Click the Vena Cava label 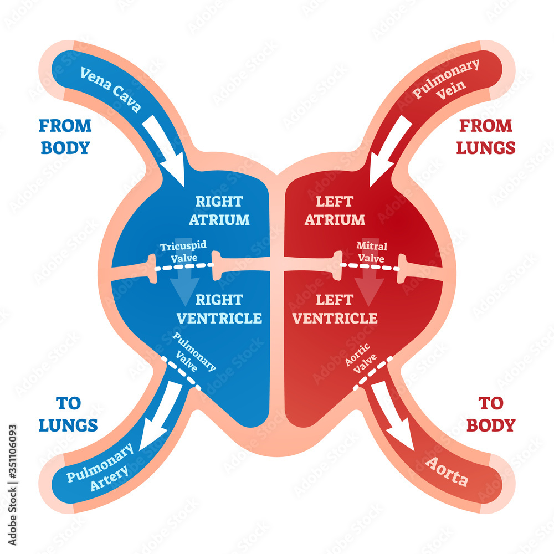(111, 90)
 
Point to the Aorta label (446, 471)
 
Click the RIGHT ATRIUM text (219, 210)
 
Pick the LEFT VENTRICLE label (335, 309)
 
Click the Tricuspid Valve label (178, 252)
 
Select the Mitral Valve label (372, 252)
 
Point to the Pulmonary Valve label (194, 353)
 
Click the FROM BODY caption (65, 136)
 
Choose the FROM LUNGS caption (486, 136)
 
